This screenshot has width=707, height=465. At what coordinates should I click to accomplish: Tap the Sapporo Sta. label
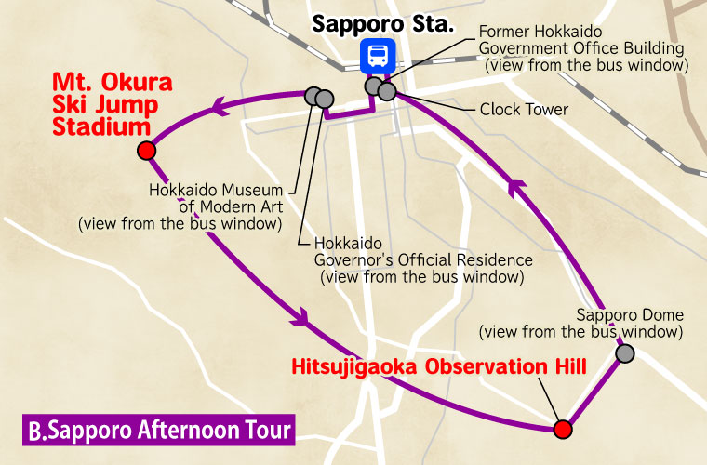tap(381, 21)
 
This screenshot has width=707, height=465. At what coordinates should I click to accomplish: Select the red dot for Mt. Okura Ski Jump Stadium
tap(145, 152)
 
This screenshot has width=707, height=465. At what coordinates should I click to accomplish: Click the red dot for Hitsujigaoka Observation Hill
tap(562, 429)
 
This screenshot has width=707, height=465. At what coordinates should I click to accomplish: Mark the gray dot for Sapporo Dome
tap(625, 353)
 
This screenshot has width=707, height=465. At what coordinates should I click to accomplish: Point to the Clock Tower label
tap(524, 110)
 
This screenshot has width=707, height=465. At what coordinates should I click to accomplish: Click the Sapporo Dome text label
tap(629, 314)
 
